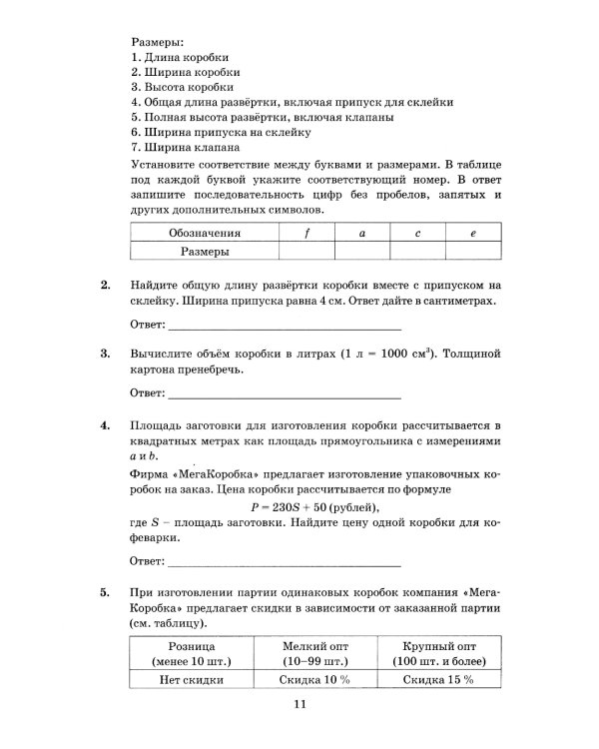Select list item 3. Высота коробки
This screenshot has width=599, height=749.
click(x=178, y=87)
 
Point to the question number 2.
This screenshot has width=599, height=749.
click(x=106, y=286)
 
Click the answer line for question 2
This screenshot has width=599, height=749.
click(x=284, y=327)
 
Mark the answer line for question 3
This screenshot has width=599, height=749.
click(x=284, y=393)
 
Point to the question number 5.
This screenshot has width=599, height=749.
click(x=106, y=592)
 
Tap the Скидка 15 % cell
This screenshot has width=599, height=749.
click(x=437, y=679)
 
